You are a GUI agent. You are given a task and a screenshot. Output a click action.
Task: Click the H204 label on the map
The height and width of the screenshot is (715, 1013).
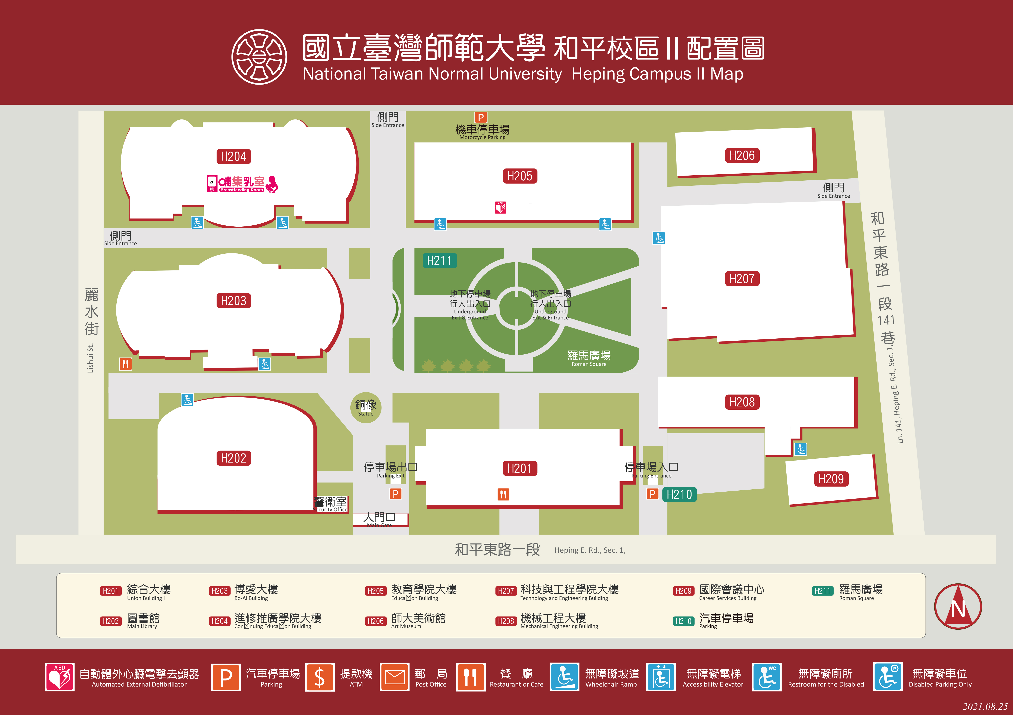pos(233,157)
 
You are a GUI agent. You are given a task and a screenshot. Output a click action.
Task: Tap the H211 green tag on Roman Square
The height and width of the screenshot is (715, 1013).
pos(439,261)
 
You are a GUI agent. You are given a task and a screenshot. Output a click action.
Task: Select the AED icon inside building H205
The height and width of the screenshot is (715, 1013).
pos(500,207)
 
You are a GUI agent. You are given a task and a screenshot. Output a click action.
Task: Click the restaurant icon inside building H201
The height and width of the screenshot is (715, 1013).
pos(503,494)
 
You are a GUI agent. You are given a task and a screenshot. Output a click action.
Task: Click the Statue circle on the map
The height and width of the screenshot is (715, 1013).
pos(366,407)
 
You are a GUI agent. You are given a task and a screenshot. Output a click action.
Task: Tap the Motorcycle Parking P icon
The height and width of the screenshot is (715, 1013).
pos(481,117)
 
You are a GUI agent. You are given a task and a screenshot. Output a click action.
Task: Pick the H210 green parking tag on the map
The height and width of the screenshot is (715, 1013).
pos(679,494)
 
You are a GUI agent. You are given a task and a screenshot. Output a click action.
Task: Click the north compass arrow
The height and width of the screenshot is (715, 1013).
pos(958,606)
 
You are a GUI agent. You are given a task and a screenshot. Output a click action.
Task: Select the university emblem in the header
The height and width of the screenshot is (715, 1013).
pos(259,57)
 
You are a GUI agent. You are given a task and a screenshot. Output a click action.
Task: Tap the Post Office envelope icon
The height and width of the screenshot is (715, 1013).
pos(395,677)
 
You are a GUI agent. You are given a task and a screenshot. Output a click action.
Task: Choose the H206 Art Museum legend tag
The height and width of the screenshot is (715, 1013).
pos(375,621)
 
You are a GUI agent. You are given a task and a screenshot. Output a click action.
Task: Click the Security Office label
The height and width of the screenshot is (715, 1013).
pos(331,504)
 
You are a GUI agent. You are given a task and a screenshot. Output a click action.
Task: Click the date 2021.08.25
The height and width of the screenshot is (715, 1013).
pos(985,706)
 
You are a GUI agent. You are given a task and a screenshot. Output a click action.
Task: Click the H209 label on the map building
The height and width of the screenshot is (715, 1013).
pos(831,479)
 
